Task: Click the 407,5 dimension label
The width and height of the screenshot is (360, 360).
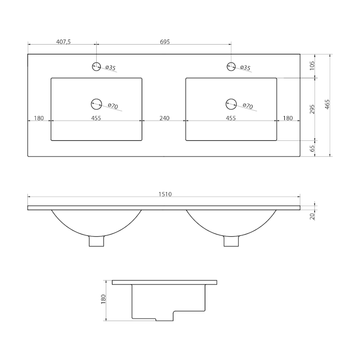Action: coord(63,42)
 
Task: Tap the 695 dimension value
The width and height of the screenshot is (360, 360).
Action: coord(165,42)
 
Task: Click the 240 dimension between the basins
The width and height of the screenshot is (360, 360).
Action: coord(164,118)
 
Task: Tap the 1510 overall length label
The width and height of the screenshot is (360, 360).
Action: coord(165,194)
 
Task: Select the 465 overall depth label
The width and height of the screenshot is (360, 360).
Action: coord(328,104)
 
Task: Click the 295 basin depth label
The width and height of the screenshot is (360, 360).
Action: coord(312,109)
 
